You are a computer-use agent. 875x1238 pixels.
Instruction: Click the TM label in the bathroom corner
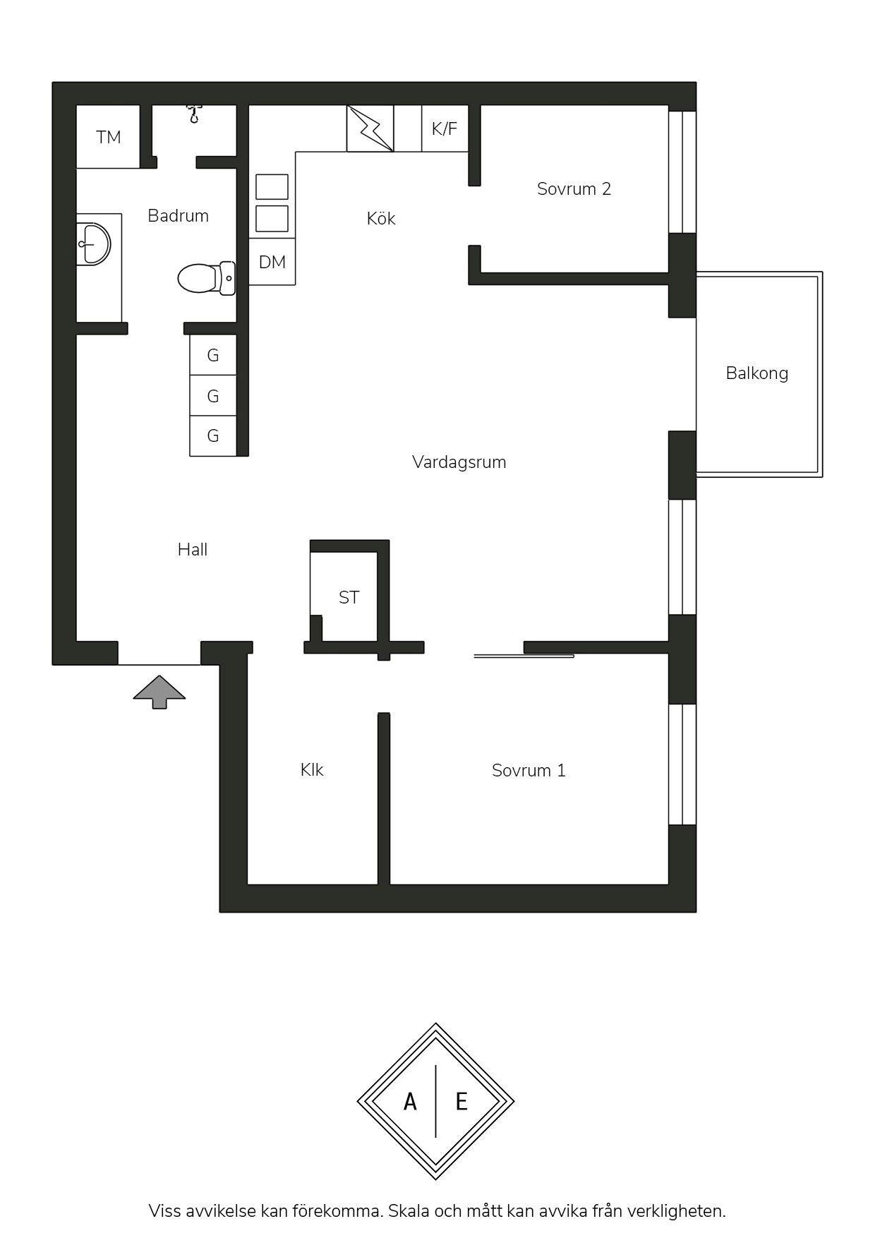tap(109, 137)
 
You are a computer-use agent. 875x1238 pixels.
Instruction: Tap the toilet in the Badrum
tap(206, 278)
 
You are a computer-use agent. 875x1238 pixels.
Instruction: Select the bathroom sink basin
tap(94, 244)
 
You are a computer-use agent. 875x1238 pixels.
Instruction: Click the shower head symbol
tap(193, 113)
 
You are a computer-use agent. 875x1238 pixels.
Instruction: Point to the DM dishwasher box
tap(272, 262)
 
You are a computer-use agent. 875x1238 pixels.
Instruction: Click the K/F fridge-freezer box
tap(445, 128)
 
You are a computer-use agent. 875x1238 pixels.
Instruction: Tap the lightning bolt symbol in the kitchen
tap(370, 128)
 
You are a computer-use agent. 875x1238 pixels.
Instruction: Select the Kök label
tap(381, 218)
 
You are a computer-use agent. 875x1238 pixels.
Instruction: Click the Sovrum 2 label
tap(574, 188)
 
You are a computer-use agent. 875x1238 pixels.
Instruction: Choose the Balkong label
tap(757, 373)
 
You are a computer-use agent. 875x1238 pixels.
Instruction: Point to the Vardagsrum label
tap(459, 462)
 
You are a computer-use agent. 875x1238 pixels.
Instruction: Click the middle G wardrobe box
tap(213, 396)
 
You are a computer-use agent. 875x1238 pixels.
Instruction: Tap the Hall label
tap(193, 549)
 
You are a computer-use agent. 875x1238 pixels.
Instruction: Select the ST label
tap(349, 597)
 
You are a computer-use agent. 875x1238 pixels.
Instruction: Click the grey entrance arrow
tap(159, 692)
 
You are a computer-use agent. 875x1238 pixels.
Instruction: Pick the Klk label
tap(312, 769)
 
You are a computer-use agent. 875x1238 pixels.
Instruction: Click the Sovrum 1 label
tap(529, 770)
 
